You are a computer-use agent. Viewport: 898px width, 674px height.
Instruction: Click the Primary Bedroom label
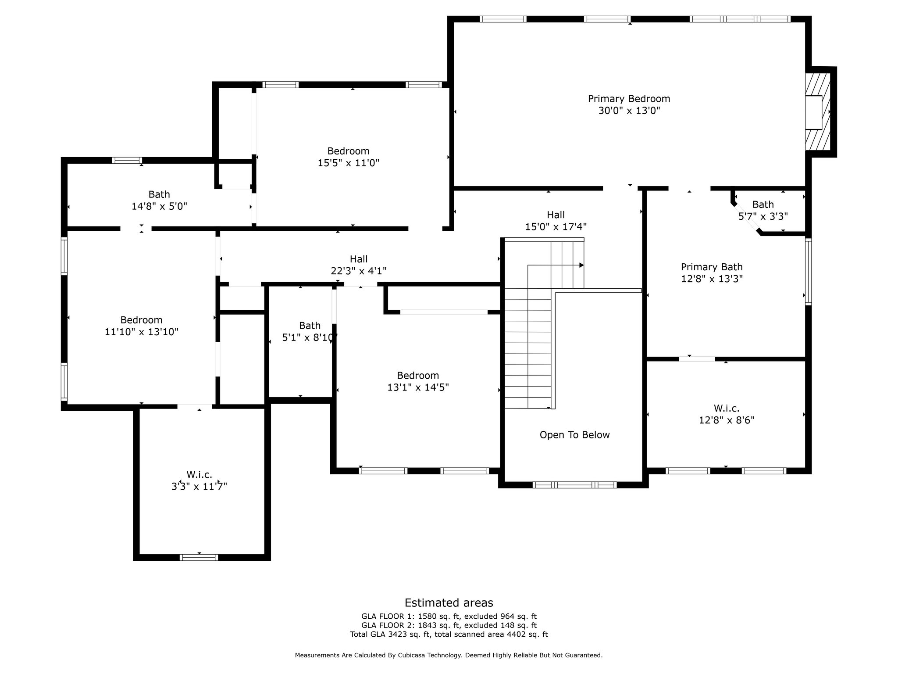[x=629, y=99]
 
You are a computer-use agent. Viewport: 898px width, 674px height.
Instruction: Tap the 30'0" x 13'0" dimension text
[x=629, y=111]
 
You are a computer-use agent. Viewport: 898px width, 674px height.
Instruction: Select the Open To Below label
[x=574, y=435]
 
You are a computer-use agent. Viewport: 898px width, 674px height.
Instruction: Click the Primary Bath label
[x=712, y=267]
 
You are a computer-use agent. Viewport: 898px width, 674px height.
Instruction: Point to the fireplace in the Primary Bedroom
[x=818, y=112]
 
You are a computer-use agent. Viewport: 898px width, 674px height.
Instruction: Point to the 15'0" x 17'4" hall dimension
[x=556, y=227]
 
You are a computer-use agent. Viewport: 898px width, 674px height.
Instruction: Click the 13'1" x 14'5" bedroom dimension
[x=418, y=387]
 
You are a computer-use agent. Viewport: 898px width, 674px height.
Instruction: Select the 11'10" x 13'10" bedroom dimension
[x=141, y=332]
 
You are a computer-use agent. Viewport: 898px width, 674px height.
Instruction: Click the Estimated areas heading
[x=449, y=602]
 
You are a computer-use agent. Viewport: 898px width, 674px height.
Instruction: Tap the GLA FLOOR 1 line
[x=449, y=617]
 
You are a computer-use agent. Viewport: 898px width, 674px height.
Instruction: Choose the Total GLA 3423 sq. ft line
[x=449, y=634]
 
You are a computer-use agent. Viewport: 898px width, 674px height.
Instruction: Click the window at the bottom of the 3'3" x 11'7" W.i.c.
[x=199, y=557]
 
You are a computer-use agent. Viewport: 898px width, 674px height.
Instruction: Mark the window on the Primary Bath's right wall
[x=808, y=272]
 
